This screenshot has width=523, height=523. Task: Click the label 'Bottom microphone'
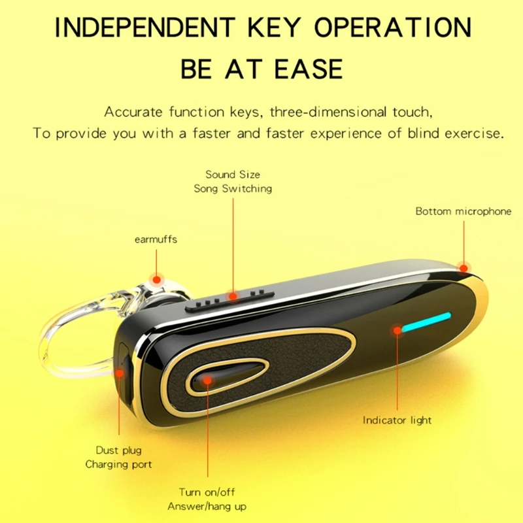pos(464,211)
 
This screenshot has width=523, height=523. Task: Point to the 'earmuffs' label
pos(156,239)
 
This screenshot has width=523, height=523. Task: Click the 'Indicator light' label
pos(397,420)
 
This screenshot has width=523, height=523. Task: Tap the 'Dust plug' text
pos(118,450)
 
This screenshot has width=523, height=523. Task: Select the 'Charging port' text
pos(118,464)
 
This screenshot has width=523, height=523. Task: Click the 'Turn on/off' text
pos(207,492)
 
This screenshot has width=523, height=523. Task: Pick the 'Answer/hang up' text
pos(207,506)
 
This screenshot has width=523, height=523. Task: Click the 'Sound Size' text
pos(233,175)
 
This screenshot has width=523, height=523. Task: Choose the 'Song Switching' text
pos(233,188)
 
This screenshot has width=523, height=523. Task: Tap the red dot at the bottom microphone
pos(464,267)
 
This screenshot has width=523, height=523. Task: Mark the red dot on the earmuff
pos(156,280)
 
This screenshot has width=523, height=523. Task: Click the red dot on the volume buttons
pos(233,296)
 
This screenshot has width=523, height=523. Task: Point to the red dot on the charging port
pos(120,373)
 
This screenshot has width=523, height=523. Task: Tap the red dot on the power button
pos(208,379)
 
